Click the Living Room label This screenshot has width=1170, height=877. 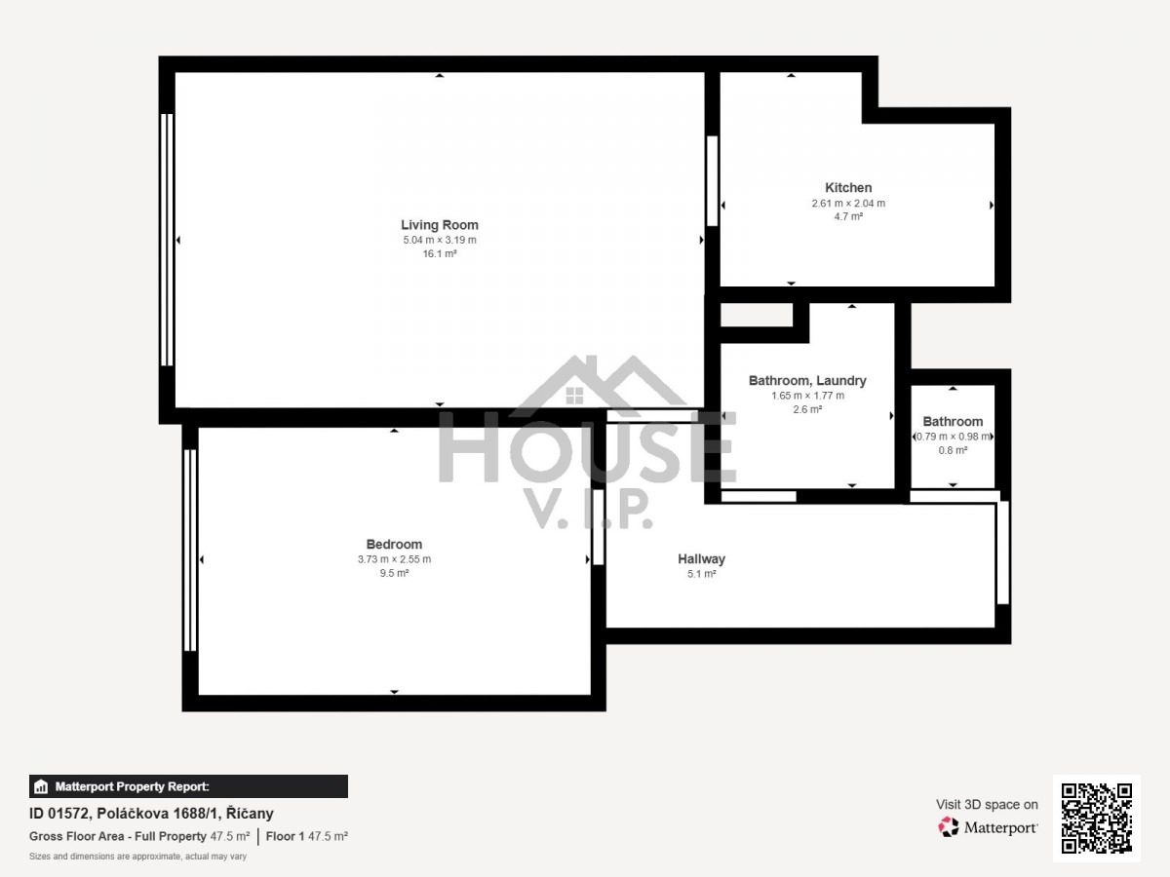click(x=439, y=225)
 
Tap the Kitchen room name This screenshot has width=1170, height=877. click(x=848, y=187)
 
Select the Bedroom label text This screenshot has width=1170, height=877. click(x=394, y=544)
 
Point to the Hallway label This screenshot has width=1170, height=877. click(x=701, y=558)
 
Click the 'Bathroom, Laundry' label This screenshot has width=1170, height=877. click(x=807, y=381)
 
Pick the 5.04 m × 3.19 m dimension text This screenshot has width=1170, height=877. click(x=439, y=240)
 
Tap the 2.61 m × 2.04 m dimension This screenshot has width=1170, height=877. click(x=848, y=203)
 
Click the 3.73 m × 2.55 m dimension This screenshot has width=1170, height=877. click(x=394, y=559)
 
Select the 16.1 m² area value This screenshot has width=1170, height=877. click(x=439, y=253)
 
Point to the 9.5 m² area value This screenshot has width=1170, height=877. click(x=394, y=573)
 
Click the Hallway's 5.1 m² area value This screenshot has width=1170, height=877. click(x=701, y=574)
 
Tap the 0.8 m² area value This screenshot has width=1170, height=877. click(x=953, y=450)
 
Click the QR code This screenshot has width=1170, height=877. click(x=1096, y=818)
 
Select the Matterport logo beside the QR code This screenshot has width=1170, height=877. click(x=987, y=827)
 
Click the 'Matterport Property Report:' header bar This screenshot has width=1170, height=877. click(x=188, y=786)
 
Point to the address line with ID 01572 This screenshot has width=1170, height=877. click(x=151, y=813)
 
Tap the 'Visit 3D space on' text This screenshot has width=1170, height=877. click(x=987, y=804)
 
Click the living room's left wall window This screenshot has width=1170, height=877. click(x=167, y=240)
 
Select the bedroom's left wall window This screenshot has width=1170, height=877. click(x=190, y=550)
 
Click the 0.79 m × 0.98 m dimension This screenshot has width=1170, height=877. click(x=953, y=437)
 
